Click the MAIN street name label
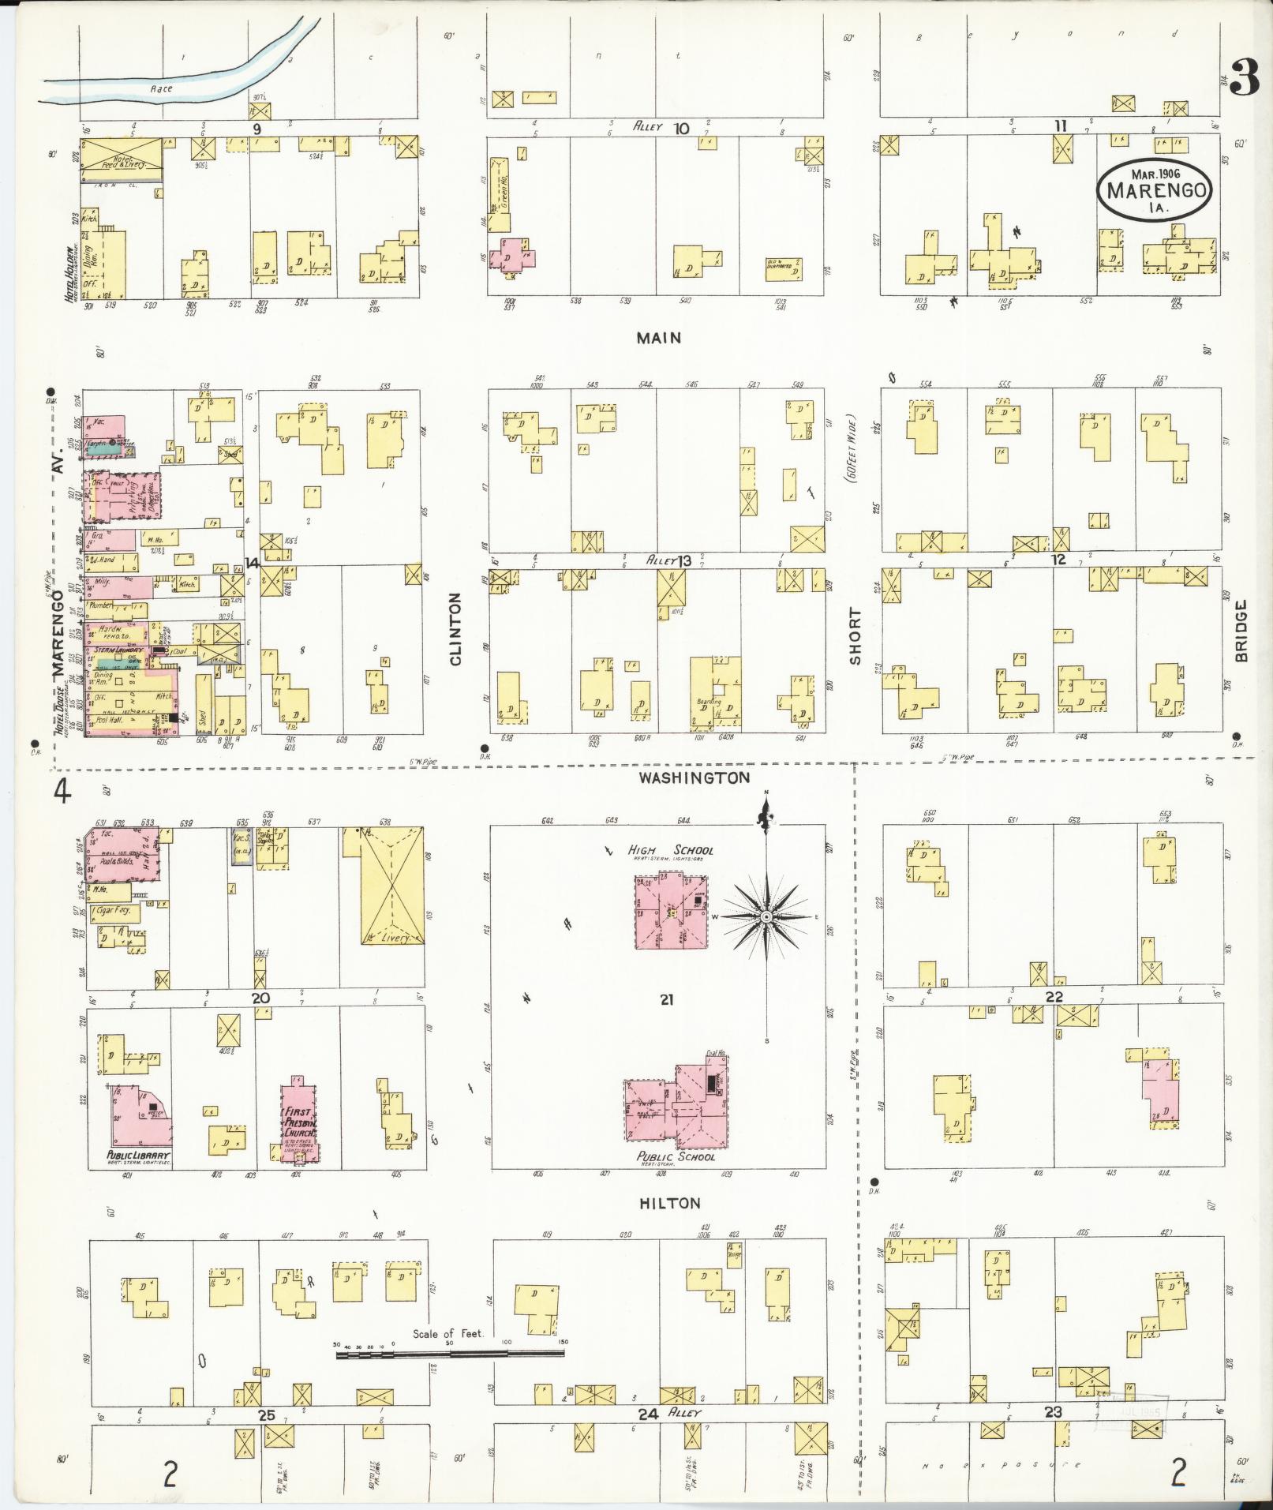[x=660, y=338]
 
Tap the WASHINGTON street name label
[x=695, y=778]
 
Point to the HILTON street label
[x=671, y=1203]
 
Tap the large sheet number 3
[x=1243, y=80]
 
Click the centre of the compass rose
[x=766, y=916]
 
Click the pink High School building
[x=672, y=911]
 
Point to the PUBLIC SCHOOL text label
[x=676, y=1156]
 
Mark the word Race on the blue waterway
[x=162, y=89]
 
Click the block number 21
[x=667, y=1000]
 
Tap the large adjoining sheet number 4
[x=62, y=790]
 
